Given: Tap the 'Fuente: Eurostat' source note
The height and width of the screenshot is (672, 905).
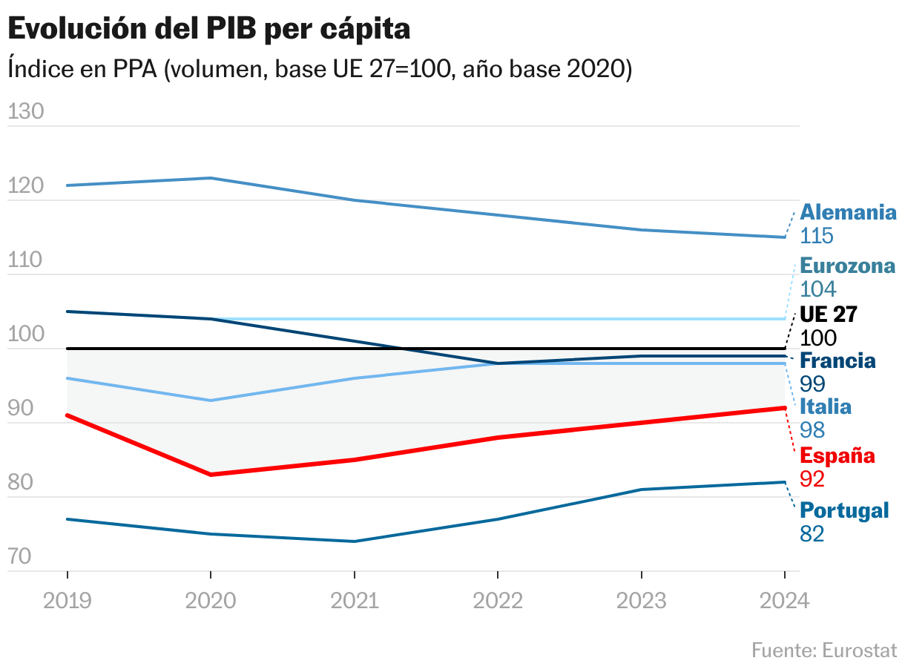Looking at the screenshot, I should click(x=824, y=650).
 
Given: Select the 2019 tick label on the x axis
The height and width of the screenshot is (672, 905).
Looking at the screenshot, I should click(x=68, y=600).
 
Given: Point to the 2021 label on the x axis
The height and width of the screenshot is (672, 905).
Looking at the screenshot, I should click(x=354, y=600).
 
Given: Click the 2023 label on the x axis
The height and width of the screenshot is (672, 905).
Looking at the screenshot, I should click(x=641, y=600).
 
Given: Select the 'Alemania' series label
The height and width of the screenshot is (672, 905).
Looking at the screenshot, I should click(x=848, y=212).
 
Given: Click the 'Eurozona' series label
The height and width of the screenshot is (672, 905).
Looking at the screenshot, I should click(x=847, y=266).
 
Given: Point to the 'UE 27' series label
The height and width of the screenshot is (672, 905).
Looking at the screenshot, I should click(x=829, y=314).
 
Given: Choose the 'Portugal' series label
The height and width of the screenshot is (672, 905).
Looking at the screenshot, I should click(x=844, y=510).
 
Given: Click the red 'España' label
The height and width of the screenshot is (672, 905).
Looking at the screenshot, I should click(x=837, y=455).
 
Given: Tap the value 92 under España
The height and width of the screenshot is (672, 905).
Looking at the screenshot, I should click(x=812, y=479).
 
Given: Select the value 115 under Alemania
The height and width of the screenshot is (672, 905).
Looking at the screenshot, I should click(x=817, y=236).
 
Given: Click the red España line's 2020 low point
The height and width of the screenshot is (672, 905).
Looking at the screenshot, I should click(x=211, y=475).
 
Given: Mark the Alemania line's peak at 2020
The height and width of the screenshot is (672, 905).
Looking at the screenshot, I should click(x=211, y=178).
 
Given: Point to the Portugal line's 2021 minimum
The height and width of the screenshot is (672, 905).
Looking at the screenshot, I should click(x=354, y=541).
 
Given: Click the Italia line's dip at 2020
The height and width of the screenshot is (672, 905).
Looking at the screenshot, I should click(x=211, y=401).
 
